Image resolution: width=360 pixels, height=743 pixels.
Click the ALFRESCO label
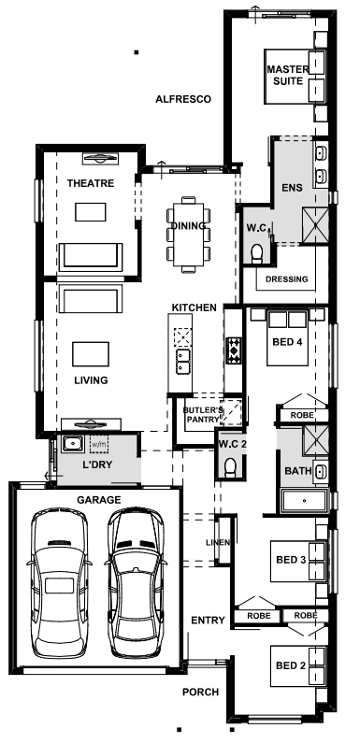(x=183, y=98)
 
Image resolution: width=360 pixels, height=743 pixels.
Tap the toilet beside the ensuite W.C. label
(x=258, y=249)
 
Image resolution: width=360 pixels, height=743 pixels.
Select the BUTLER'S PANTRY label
(x=204, y=415)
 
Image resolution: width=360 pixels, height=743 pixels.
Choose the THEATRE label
(x=91, y=183)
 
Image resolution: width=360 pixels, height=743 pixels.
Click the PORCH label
(x=201, y=693)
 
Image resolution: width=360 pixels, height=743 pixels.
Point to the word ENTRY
(x=206, y=621)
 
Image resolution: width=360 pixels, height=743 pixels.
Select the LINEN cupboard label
(x=218, y=543)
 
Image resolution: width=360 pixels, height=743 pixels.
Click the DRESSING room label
(x=287, y=279)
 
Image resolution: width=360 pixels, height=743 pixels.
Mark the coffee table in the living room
(x=91, y=352)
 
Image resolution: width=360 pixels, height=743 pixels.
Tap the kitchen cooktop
(x=233, y=351)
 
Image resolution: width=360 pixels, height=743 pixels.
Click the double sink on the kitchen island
(x=183, y=356)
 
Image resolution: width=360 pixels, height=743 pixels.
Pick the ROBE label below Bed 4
(x=301, y=414)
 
